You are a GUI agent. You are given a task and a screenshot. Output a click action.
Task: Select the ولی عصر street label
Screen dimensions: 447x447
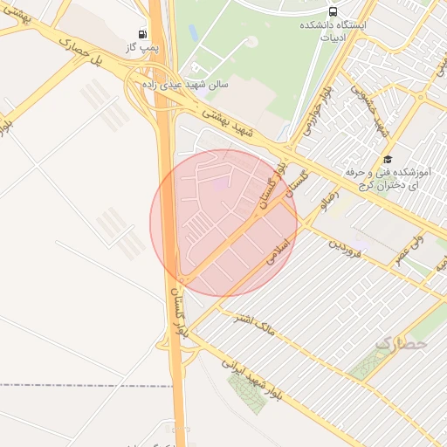(x=406, y=235)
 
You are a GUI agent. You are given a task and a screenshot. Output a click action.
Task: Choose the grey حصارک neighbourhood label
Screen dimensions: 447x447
(x=402, y=345)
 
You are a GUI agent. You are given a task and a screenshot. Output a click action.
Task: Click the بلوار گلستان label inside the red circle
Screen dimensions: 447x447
(x=272, y=186)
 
